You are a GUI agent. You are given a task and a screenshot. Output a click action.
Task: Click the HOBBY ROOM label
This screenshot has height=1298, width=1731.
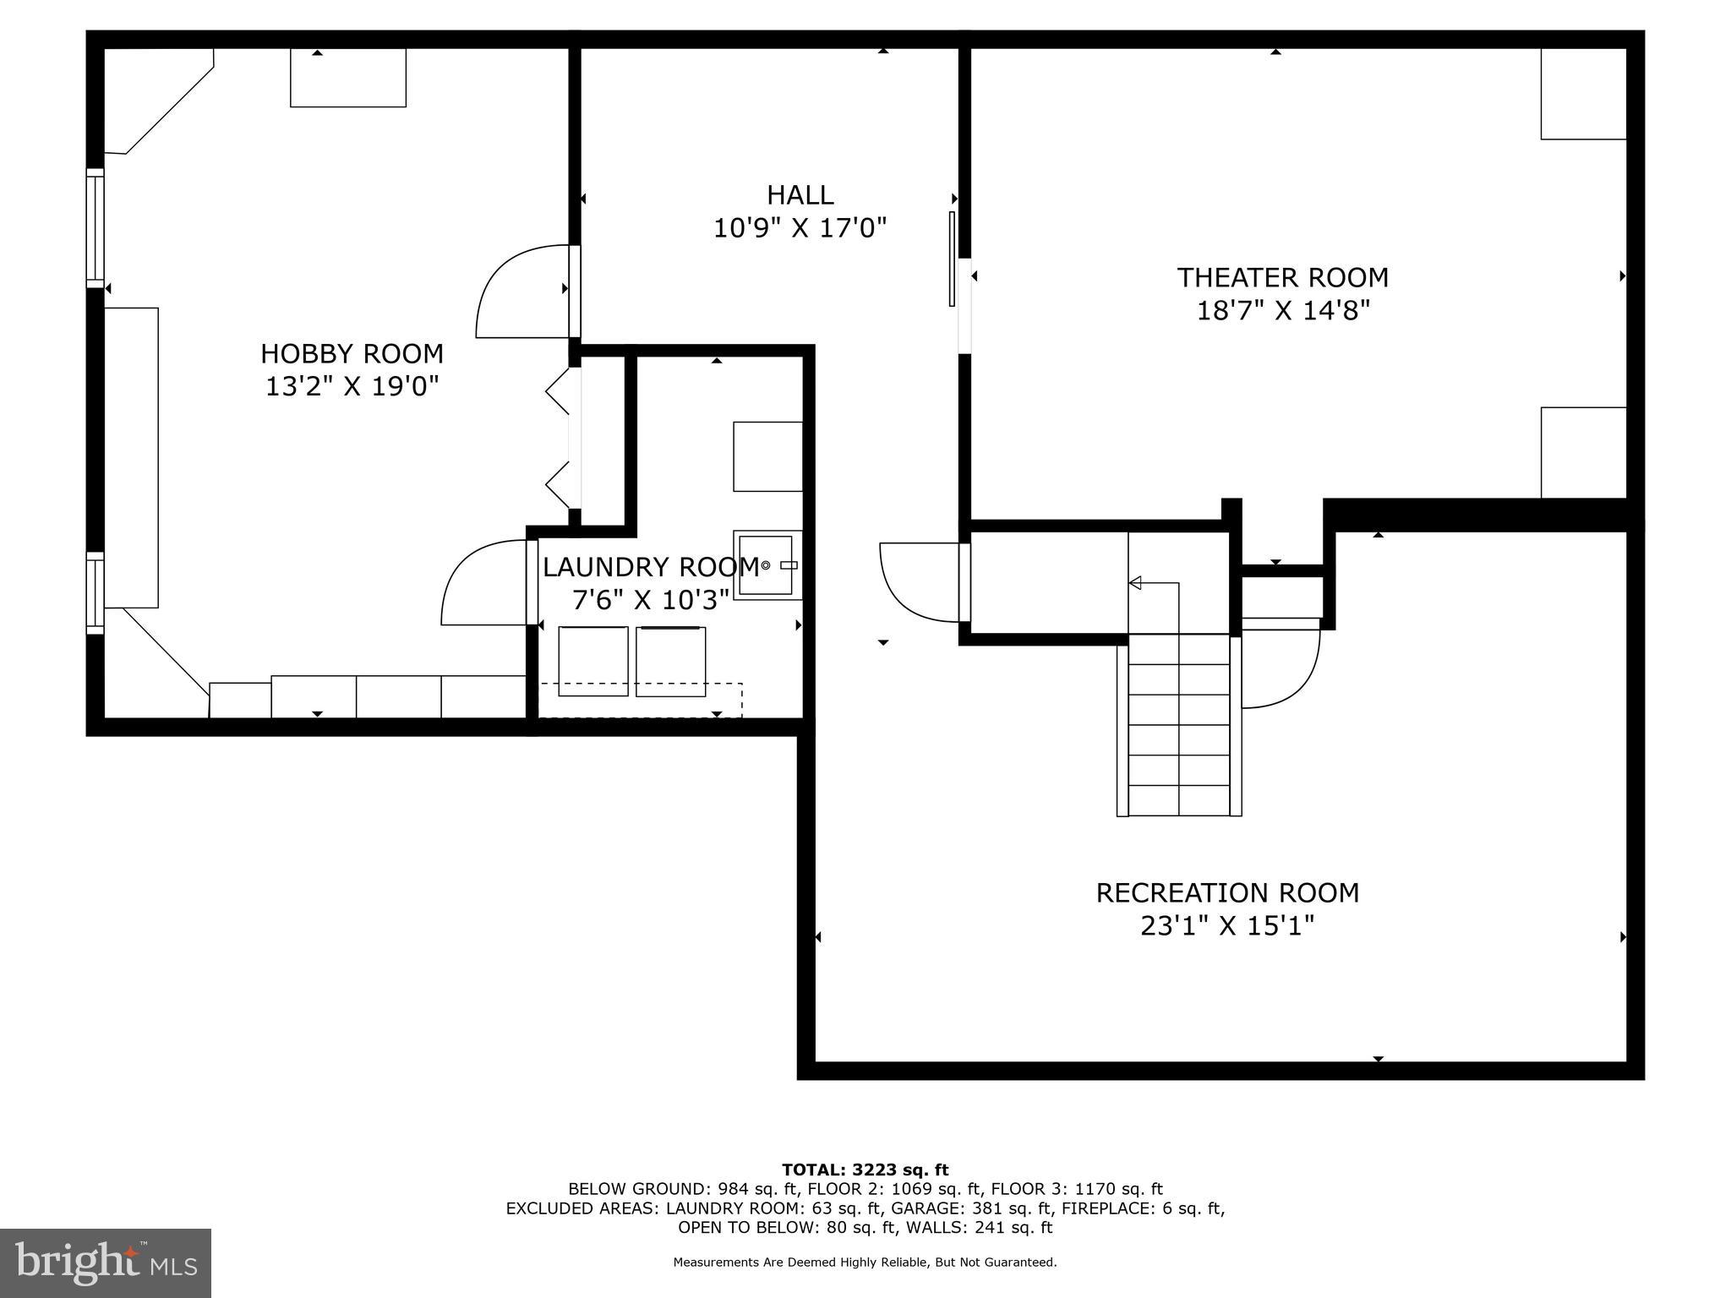[352, 353]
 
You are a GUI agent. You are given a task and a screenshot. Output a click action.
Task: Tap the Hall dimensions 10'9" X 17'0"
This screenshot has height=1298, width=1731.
[800, 228]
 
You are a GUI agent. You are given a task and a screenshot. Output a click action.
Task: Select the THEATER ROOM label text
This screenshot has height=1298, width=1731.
[1282, 277]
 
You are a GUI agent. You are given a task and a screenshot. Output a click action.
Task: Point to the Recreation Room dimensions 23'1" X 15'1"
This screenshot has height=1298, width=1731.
[1227, 926]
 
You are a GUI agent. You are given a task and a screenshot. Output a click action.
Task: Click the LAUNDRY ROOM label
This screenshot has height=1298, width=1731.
[650, 566]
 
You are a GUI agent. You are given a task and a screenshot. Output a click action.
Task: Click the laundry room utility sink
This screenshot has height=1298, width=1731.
[767, 565]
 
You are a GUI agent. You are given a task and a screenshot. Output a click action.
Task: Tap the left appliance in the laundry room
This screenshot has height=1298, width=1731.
[592, 661]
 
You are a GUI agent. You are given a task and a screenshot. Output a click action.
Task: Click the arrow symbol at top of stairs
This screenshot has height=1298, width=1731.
[1135, 582]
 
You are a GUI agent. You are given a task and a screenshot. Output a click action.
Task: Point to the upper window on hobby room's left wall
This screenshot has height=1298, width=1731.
[96, 227]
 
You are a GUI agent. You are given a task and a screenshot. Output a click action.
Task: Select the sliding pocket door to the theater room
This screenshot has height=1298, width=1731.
[952, 258]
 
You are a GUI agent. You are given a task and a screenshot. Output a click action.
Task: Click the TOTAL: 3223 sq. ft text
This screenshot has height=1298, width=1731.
[865, 1170]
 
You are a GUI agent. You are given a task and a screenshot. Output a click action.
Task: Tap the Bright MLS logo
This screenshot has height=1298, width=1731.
[105, 1263]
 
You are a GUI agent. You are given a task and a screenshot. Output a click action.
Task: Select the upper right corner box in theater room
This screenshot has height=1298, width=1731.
[1582, 94]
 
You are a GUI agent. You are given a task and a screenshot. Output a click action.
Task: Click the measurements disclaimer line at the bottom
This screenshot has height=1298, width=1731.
[865, 1263]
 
